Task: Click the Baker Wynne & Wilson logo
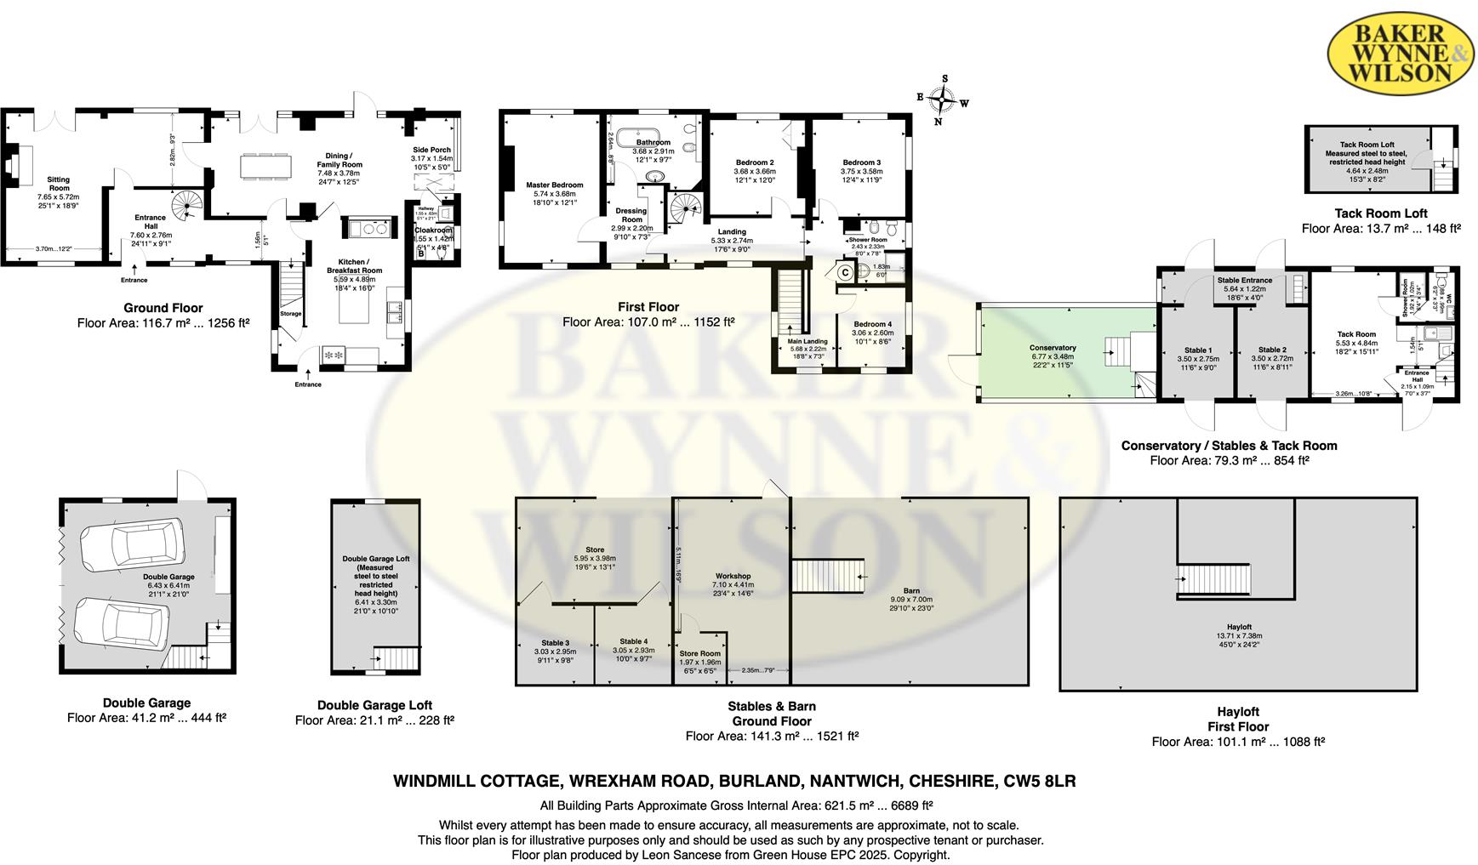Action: click(1400, 53)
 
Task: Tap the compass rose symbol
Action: click(943, 100)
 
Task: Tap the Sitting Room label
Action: click(58, 184)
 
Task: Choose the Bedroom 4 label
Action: click(872, 324)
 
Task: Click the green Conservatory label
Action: click(1053, 348)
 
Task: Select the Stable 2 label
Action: click(1272, 350)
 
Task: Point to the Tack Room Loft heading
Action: click(1380, 213)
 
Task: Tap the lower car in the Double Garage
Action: click(122, 623)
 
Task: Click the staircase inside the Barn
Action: click(828, 576)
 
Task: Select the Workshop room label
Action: click(733, 576)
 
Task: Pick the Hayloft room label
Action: click(1239, 627)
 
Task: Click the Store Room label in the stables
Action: click(699, 653)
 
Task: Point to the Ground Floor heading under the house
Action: click(163, 308)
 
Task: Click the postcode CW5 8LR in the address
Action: click(1039, 781)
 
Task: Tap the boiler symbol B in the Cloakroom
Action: click(421, 253)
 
